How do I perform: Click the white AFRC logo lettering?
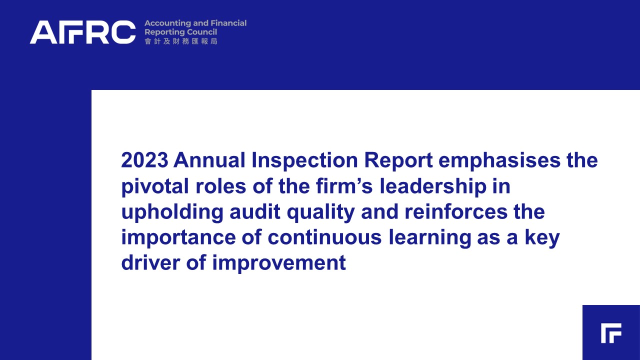83,32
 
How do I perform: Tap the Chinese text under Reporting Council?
181,41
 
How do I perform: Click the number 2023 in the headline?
144,160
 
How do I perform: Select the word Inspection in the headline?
304,161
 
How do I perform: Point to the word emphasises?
499,161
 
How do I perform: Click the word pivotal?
155,186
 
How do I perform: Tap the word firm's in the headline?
344,185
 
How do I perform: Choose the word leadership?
433,186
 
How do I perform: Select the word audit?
255,211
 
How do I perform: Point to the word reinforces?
456,211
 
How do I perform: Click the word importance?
178,238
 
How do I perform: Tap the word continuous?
324,237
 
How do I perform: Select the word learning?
429,238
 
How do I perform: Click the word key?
542,238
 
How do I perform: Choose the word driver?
151,263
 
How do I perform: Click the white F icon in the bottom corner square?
611,333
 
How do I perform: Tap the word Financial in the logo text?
228,23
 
